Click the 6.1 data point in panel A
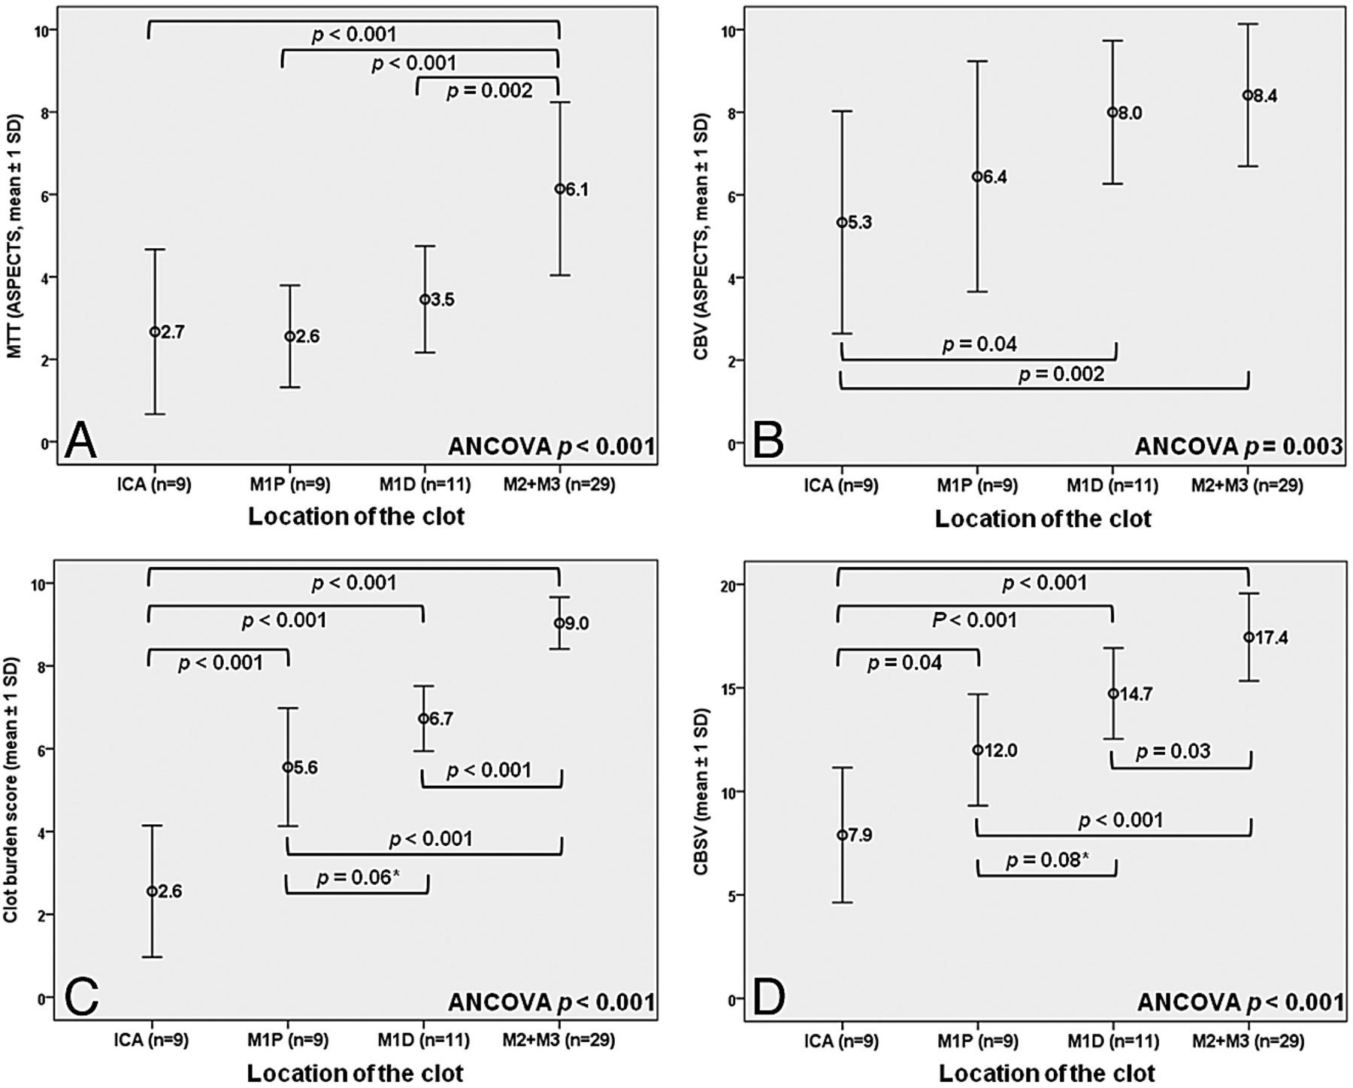[559, 189]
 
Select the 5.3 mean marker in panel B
[842, 223]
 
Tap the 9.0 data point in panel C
[559, 623]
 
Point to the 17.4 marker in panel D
[1249, 637]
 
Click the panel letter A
[80, 441]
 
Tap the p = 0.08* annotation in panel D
[1047, 859]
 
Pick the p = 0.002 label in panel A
[489, 91]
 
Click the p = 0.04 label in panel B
[979, 344]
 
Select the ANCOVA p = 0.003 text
[1238, 447]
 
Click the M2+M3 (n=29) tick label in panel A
[559, 485]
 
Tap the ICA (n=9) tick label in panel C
[151, 1040]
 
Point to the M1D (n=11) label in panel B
[1112, 486]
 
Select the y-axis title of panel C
[13, 789]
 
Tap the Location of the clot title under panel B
[1043, 519]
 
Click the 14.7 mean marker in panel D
[1113, 693]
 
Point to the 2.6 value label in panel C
[170, 892]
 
